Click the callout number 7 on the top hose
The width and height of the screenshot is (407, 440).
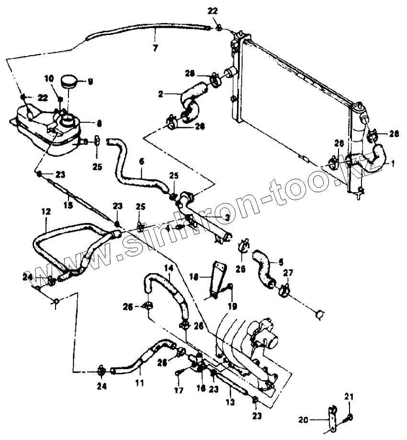155,47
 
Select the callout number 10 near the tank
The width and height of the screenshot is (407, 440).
49,79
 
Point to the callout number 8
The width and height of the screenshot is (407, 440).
99,123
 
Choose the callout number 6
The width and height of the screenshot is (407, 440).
141,162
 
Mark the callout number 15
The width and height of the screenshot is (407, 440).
68,205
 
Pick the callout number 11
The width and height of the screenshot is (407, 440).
139,383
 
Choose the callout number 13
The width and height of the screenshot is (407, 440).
230,403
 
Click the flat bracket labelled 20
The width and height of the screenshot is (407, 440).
331,419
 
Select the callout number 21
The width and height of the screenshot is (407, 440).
349,396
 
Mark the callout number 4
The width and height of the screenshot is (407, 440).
168,228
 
